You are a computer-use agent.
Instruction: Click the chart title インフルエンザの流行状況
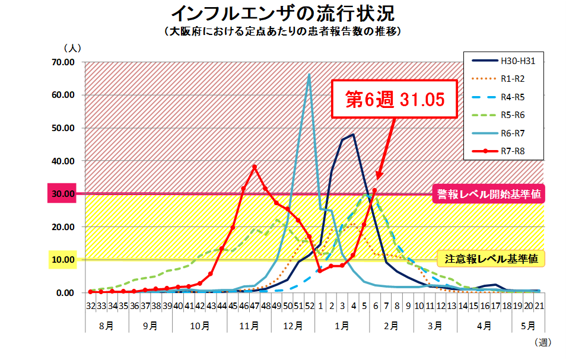[x=282, y=13]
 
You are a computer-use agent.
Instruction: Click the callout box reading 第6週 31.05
[x=395, y=100]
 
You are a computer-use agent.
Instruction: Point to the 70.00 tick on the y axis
[x=63, y=62]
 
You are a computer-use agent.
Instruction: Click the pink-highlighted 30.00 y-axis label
[x=63, y=194]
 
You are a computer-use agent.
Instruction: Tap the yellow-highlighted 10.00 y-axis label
[x=63, y=260]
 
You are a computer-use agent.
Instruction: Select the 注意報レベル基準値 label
[x=491, y=258]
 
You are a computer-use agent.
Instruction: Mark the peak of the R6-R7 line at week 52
[x=309, y=75]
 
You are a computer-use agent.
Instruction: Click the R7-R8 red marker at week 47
[x=255, y=167]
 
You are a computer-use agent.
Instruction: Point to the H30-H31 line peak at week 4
[x=353, y=135]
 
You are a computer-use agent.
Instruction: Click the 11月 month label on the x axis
[x=249, y=326]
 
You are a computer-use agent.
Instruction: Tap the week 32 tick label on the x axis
[x=90, y=307]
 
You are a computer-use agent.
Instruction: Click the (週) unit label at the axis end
[x=542, y=342]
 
